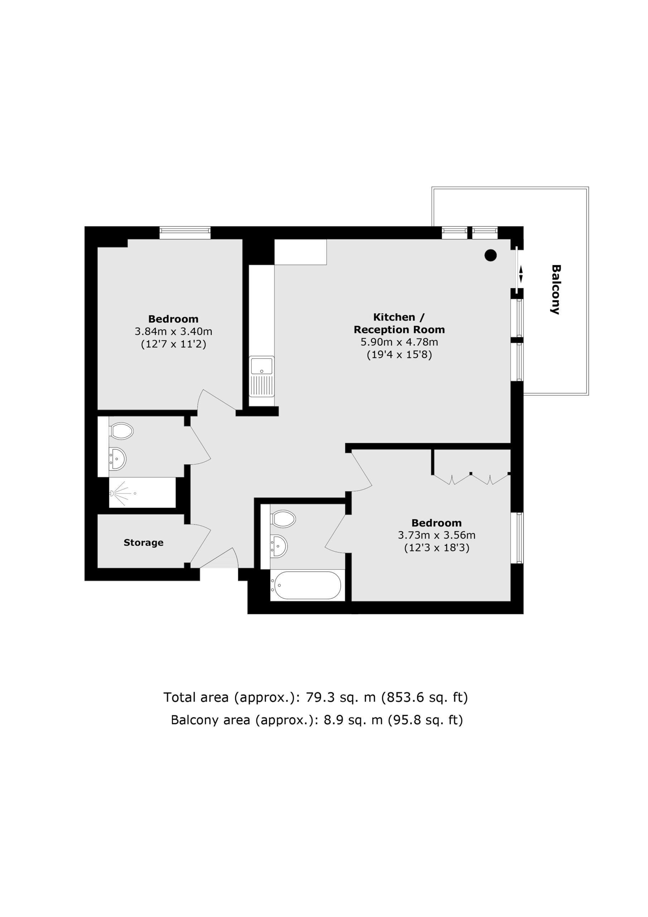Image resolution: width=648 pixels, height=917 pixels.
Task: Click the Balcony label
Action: [555, 289]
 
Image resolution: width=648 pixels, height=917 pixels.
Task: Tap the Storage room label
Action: [143, 542]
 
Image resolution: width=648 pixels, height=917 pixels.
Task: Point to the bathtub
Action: [305, 586]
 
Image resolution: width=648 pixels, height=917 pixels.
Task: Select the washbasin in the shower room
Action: [117, 459]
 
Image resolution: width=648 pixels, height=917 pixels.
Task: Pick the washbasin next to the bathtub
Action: [279, 546]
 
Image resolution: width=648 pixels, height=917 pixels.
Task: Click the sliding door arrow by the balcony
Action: [521, 275]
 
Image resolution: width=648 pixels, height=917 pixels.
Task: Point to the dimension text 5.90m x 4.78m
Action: [399, 342]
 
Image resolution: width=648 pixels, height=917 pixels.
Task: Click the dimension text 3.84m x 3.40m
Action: [173, 331]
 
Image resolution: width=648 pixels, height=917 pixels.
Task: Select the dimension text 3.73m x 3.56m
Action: [436, 535]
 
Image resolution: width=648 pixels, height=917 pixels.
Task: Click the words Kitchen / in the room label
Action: [399, 317]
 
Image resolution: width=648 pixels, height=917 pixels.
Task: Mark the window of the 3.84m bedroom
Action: [185, 232]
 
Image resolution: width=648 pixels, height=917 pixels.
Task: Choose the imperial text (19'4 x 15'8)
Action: [399, 355]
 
